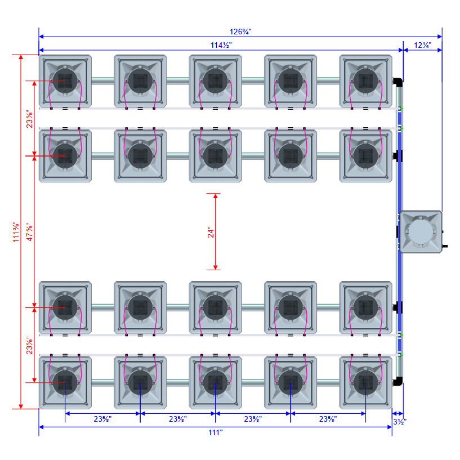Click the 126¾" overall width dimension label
240,32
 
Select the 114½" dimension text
221,44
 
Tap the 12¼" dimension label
422,44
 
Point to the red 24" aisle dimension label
209,231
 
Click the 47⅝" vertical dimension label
30,231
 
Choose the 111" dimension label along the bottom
215,432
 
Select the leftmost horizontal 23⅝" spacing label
102,419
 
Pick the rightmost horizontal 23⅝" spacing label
328,419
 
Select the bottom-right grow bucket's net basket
365,382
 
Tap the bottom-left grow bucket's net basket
65,382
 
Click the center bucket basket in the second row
215,155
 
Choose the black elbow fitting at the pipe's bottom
399,382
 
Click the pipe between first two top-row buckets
102,81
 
